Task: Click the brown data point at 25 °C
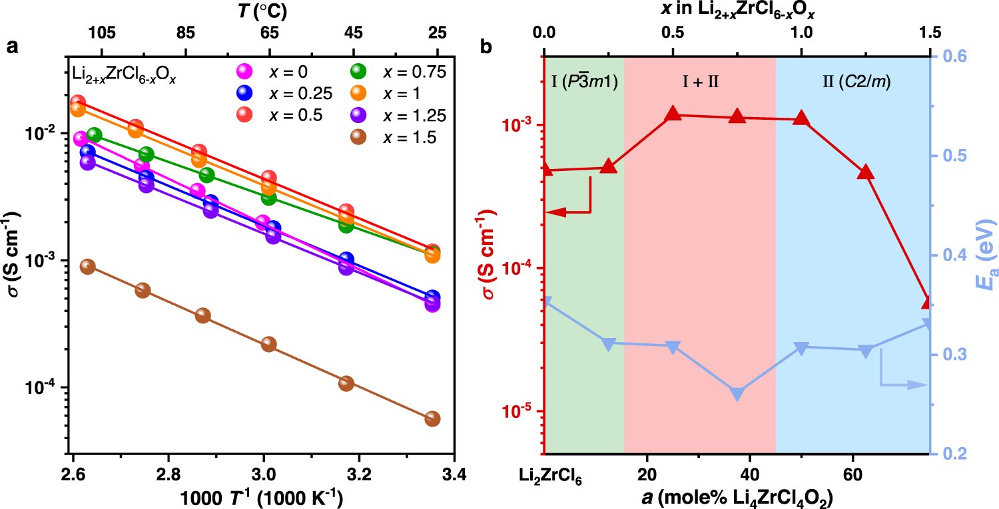click(432, 419)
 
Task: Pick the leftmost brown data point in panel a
click(87, 266)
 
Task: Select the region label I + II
click(700, 82)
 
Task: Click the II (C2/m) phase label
click(856, 82)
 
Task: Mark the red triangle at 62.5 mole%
click(866, 172)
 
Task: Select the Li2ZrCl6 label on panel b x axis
click(550, 476)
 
